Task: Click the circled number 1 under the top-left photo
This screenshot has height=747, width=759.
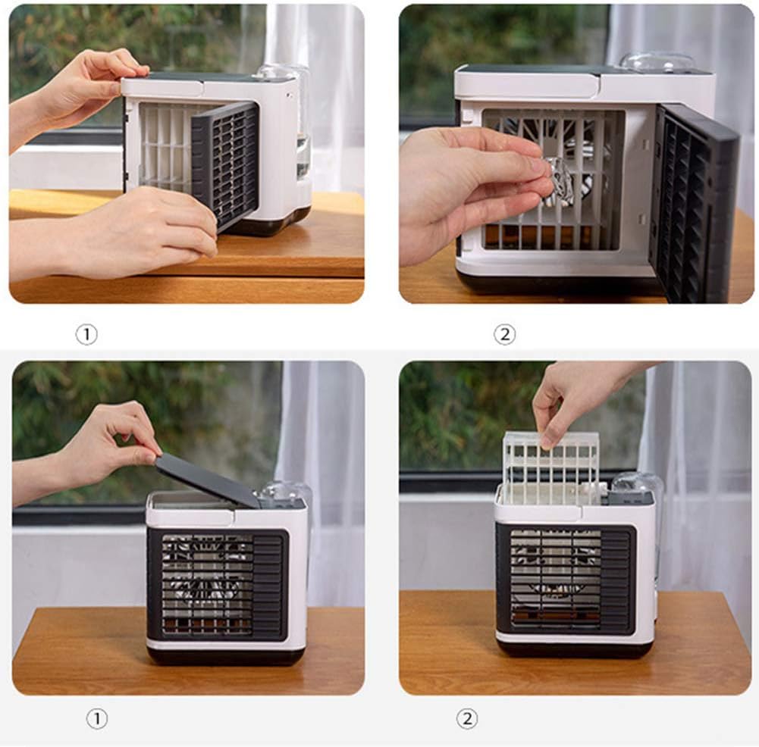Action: (86, 335)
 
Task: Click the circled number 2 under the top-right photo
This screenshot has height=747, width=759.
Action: (504, 335)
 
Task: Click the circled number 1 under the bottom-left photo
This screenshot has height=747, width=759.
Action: (96, 719)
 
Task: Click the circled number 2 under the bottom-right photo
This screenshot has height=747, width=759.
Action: (467, 719)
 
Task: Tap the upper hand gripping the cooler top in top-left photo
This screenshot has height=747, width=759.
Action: (83, 91)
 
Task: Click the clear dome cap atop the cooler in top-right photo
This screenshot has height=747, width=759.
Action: (657, 62)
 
